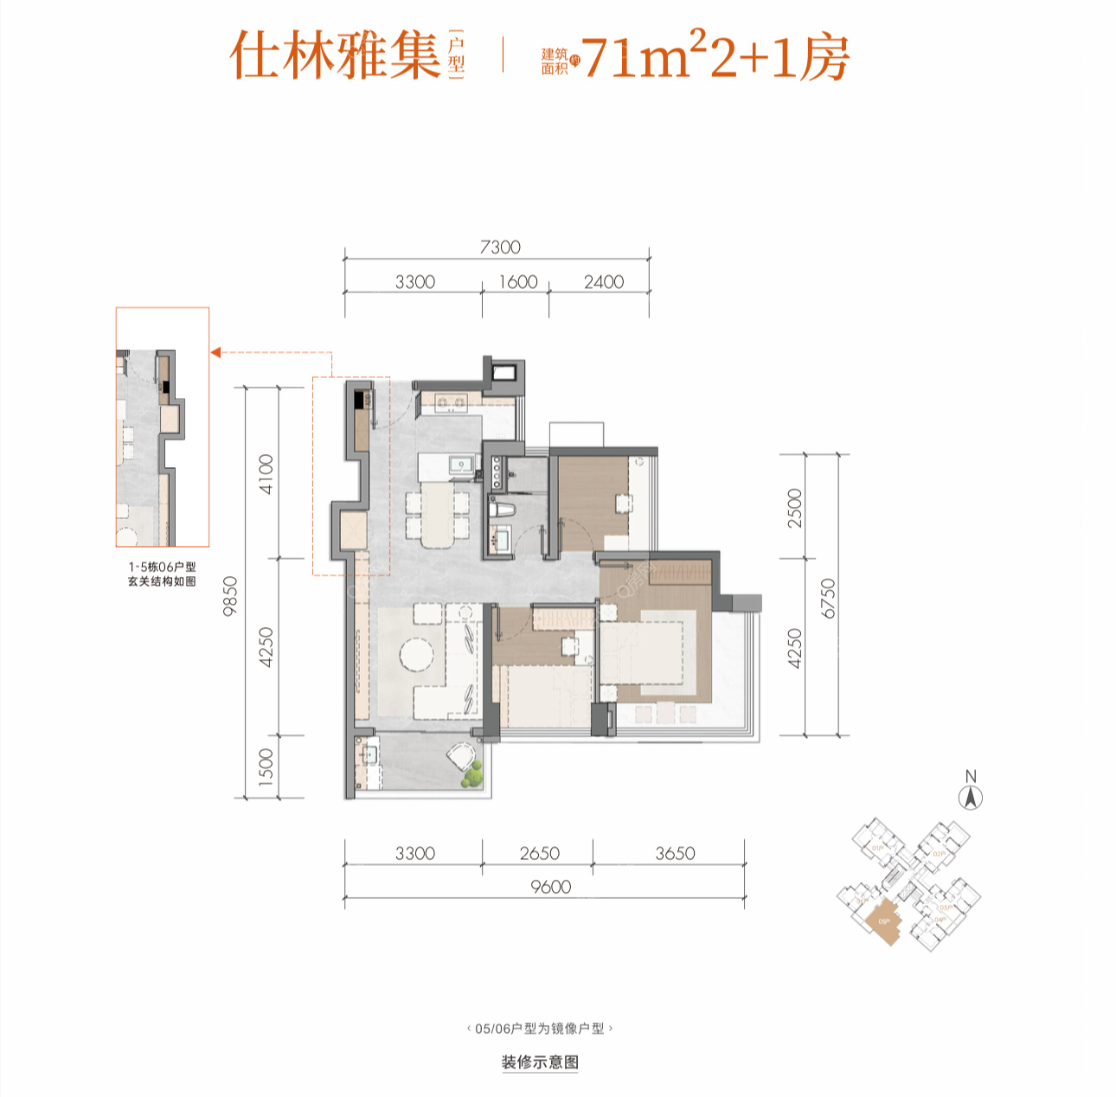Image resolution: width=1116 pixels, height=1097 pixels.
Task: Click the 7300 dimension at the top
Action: (x=500, y=247)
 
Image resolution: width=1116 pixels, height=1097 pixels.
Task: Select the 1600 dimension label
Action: (x=518, y=282)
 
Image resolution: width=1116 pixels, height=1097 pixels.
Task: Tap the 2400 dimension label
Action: (x=604, y=282)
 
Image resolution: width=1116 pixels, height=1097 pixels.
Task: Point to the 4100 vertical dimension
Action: (x=266, y=473)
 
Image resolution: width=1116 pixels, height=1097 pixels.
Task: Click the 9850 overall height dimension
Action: (x=230, y=595)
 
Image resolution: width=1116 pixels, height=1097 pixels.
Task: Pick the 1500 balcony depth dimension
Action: (x=266, y=767)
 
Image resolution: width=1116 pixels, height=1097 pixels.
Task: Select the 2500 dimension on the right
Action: (x=795, y=507)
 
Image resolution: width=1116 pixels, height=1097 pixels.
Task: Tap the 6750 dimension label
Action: (x=829, y=598)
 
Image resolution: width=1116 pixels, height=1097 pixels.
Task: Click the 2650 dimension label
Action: (x=539, y=853)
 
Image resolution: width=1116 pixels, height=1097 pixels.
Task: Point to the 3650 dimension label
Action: (x=675, y=853)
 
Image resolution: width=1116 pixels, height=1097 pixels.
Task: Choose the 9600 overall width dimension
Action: (x=551, y=887)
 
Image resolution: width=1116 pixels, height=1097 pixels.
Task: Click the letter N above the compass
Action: (x=971, y=776)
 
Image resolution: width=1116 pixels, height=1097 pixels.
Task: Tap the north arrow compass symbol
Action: (x=972, y=798)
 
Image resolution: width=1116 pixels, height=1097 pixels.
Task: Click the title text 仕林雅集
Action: (x=336, y=56)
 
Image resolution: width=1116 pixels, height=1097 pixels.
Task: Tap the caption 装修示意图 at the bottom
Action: (x=540, y=1062)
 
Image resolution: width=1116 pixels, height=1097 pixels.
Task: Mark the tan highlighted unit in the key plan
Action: (x=884, y=921)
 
